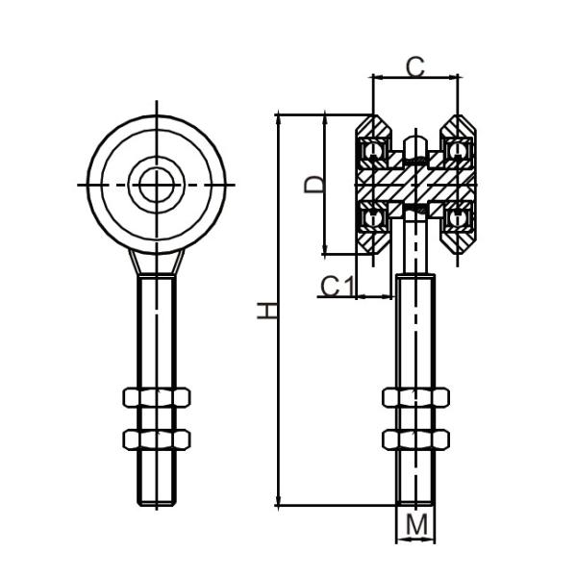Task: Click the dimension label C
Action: [414, 66]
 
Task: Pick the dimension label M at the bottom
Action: [416, 525]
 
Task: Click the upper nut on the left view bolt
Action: [157, 397]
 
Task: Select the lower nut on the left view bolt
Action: [157, 439]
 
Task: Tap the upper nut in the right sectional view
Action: [415, 397]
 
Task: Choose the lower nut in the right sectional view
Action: [415, 439]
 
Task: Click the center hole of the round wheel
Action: [156, 184]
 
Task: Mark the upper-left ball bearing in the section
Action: [373, 151]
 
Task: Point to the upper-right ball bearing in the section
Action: [459, 151]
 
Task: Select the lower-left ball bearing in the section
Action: [373, 217]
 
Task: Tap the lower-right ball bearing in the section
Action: [459, 217]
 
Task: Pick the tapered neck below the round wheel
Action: [156, 262]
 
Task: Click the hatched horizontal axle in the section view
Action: [415, 184]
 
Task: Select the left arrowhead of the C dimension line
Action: [376, 77]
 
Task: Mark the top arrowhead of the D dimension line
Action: [326, 118]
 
